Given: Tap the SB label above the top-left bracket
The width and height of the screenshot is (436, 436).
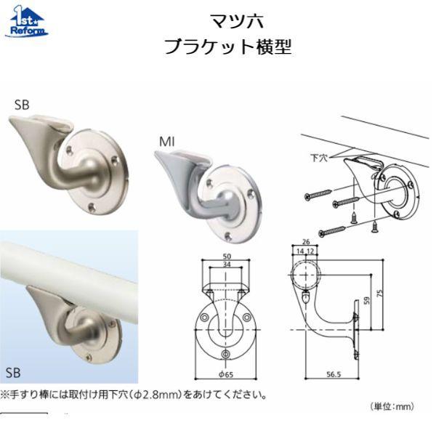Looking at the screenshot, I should pos(22,105).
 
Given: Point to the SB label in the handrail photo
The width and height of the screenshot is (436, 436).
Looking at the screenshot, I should pos(13,373).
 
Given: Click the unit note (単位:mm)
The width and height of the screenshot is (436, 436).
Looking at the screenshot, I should pos(394,407).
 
